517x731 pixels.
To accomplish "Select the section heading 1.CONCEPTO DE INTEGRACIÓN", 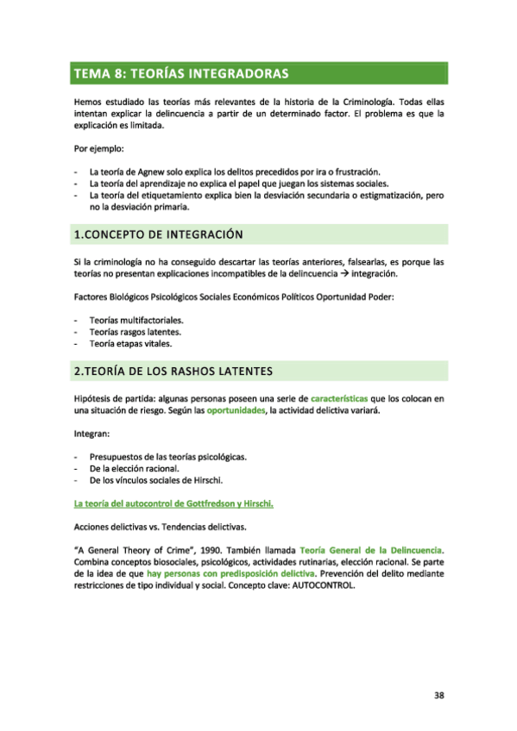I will coord(158,234).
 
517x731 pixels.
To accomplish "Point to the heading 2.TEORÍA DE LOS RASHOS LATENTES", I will coord(173,372).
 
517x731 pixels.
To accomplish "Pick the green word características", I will coord(339,399).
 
